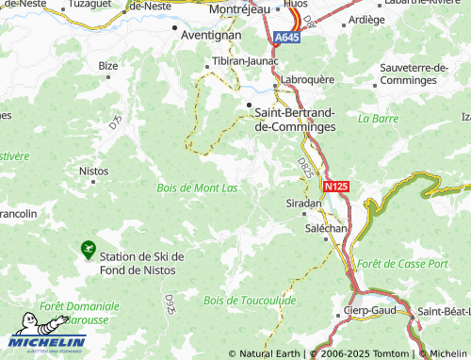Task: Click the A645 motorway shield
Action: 287,37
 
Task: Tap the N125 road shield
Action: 334,188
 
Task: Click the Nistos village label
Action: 94,172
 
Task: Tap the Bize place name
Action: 108,66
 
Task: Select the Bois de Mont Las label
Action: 197,188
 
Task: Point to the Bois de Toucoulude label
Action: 249,300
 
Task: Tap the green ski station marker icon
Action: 89,250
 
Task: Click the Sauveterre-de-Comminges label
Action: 423,73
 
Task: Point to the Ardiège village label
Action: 366,19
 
